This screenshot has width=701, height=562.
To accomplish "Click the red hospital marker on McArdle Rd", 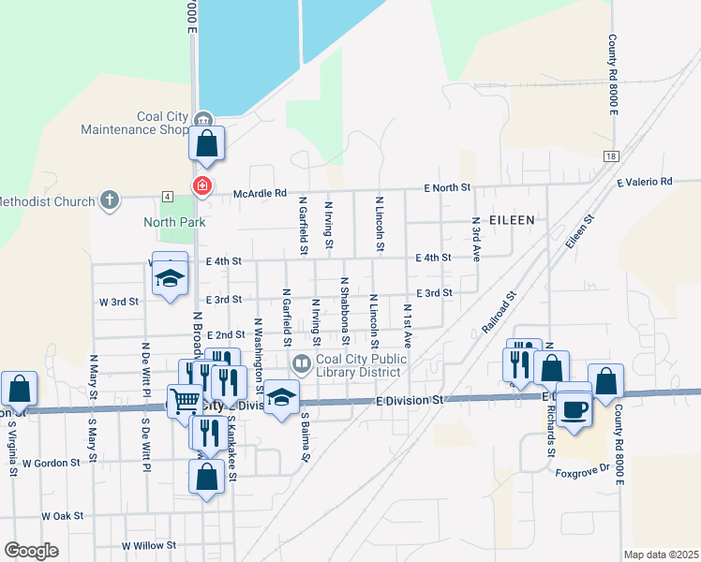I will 201,185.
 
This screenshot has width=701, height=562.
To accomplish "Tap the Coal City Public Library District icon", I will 302,362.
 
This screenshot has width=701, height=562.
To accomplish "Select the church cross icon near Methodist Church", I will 110,200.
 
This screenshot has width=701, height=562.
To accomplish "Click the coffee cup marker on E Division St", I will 574,407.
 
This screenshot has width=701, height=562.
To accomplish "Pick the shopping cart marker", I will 186,401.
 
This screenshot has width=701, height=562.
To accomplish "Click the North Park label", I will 173,222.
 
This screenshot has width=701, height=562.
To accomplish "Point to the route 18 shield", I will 611,156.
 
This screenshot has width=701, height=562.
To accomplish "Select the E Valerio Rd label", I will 644,182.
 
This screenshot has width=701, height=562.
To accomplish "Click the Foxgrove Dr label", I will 582,473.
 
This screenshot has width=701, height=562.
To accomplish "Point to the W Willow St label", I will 149,545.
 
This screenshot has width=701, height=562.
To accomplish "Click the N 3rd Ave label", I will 476,242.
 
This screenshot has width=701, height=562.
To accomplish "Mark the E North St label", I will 446,187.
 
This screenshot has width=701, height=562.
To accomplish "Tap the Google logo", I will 31,550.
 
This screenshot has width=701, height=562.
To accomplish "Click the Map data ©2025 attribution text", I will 660,555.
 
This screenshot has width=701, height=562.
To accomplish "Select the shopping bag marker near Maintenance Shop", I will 207,144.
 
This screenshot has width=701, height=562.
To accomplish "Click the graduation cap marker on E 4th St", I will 170,278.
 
